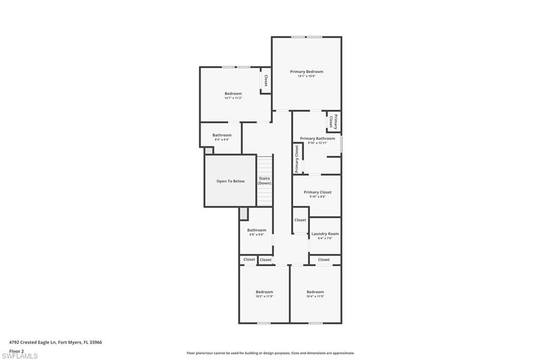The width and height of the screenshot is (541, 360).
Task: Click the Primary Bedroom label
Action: (x=306, y=71)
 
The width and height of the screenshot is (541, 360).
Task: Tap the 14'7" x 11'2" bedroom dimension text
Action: (x=233, y=98)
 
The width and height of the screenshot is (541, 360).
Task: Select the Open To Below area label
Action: (x=230, y=181)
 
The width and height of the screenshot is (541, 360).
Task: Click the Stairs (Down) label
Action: (x=265, y=181)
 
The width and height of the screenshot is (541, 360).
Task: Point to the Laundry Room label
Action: (x=325, y=234)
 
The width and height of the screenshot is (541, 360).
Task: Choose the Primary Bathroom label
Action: (x=318, y=138)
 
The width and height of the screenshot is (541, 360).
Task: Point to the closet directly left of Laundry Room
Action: (x=300, y=220)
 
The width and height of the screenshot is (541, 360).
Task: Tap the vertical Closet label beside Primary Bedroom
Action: (x=266, y=80)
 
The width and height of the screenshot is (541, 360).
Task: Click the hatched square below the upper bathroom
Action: (x=209, y=150)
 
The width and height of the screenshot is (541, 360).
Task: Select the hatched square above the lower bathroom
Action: (x=243, y=213)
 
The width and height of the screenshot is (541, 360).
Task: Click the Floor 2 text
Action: (x=17, y=350)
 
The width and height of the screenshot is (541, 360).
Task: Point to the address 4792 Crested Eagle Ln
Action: (x=55, y=342)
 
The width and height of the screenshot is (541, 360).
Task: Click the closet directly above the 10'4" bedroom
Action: (x=324, y=260)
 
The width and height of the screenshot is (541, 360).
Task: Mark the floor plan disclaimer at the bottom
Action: (x=270, y=353)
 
